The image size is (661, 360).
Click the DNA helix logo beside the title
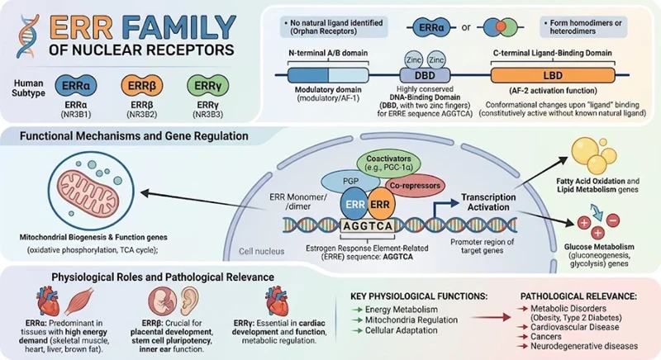click(x=27, y=36)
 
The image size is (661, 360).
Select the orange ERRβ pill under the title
click(x=141, y=86)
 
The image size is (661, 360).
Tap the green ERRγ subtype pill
click(x=208, y=86)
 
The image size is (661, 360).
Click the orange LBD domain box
click(x=553, y=75)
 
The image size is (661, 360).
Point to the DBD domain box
click(x=425, y=76)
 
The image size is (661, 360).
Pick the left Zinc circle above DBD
click(x=414, y=59)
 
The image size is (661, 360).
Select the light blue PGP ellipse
click(x=350, y=181)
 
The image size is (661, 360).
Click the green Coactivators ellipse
click(x=388, y=163)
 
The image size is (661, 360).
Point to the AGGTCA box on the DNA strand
click(x=368, y=226)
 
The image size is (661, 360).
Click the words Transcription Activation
click(x=488, y=202)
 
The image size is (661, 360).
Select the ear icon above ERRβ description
click(x=189, y=301)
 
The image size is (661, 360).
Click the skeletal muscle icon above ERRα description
click(x=78, y=301)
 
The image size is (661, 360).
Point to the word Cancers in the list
click(x=546, y=336)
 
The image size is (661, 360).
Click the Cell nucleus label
click(x=261, y=251)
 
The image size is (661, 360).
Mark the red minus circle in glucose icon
click(x=612, y=220)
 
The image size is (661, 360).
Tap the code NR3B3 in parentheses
click(x=208, y=114)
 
